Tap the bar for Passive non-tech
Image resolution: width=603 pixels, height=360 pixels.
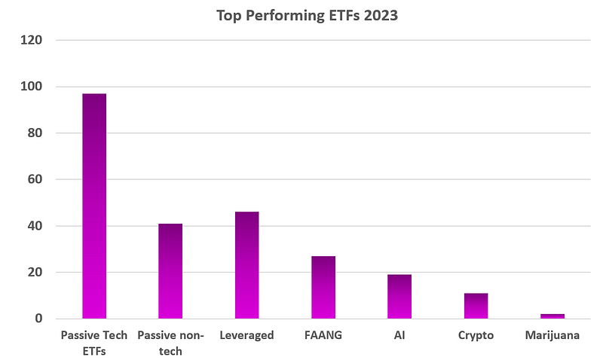click(x=170, y=271)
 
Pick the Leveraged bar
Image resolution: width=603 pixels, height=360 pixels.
click(x=246, y=265)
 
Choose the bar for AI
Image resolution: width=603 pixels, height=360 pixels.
click(x=399, y=297)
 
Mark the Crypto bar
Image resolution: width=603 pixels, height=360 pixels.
click(x=476, y=306)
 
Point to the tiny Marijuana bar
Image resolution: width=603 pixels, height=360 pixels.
click(x=552, y=316)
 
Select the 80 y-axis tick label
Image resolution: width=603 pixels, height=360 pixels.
click(x=35, y=133)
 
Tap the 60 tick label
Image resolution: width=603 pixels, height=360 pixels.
click(x=35, y=180)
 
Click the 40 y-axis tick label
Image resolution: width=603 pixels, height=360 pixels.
click(x=35, y=226)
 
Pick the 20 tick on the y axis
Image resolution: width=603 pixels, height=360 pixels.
click(x=35, y=273)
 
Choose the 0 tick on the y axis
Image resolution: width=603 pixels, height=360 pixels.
click(x=38, y=319)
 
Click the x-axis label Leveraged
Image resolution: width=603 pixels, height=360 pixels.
click(x=246, y=336)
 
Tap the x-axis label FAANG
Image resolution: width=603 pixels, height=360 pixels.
click(x=323, y=336)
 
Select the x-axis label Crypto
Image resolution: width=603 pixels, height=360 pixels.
click(x=476, y=336)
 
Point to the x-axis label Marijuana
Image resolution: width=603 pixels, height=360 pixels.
click(x=552, y=336)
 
